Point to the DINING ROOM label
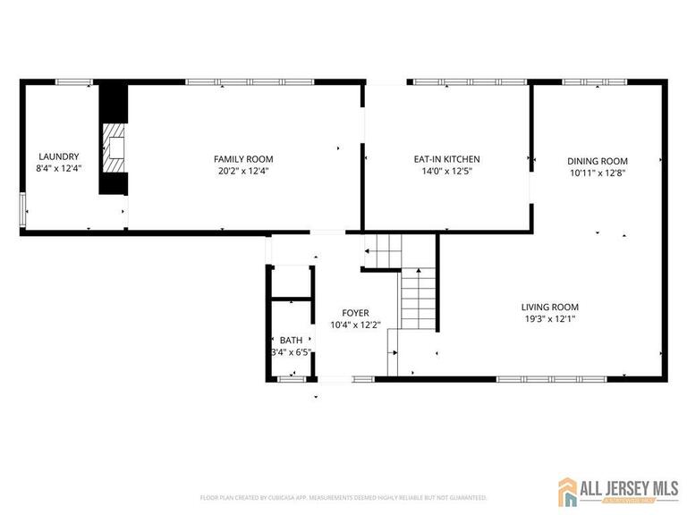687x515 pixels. (x=598, y=161)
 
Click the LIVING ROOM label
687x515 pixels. (x=550, y=306)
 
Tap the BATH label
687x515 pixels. (x=291, y=340)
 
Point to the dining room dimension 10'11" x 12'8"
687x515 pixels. (x=598, y=173)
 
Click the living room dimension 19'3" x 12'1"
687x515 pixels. (x=550, y=318)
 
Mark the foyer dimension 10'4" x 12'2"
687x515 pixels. (x=355, y=325)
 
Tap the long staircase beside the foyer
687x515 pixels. (x=411, y=300)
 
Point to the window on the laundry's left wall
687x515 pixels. (x=23, y=211)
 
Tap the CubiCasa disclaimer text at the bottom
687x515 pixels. (x=343, y=497)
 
